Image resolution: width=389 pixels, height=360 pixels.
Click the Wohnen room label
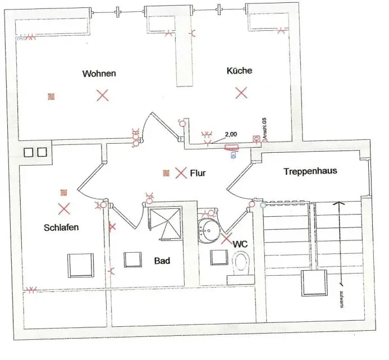(x=99, y=74)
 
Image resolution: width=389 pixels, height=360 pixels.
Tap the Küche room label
(x=239, y=71)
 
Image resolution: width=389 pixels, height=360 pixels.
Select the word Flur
(x=198, y=173)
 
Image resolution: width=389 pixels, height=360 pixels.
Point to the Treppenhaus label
(x=310, y=171)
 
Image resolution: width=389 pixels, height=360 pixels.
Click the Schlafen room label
(x=61, y=228)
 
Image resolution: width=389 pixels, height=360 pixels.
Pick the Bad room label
(x=162, y=261)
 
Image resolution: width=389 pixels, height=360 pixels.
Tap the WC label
(x=240, y=245)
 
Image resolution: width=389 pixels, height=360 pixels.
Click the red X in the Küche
(x=241, y=93)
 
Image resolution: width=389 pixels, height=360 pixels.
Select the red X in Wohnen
(x=102, y=95)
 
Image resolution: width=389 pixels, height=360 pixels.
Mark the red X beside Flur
(x=181, y=173)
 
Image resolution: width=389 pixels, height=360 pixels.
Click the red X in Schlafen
(x=64, y=209)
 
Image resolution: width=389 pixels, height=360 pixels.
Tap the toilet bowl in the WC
(x=242, y=262)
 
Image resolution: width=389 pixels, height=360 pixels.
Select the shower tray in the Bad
(x=164, y=224)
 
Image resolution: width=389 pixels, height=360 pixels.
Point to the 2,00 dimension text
(x=230, y=135)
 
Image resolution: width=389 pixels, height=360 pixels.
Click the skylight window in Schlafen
(x=80, y=265)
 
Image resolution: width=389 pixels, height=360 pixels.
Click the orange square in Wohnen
(x=51, y=97)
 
